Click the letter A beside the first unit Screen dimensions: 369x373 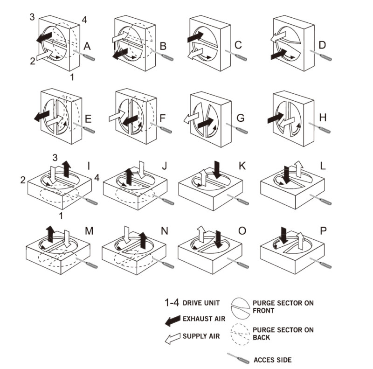click(x=87, y=46)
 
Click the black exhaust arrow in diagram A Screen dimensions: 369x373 click(x=45, y=37)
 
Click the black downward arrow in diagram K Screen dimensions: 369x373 click(x=216, y=168)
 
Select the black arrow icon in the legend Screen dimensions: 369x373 click(x=173, y=319)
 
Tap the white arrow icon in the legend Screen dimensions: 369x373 click(x=173, y=337)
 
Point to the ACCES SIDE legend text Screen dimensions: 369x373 click(x=272, y=360)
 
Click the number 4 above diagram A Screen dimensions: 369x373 click(x=84, y=20)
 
